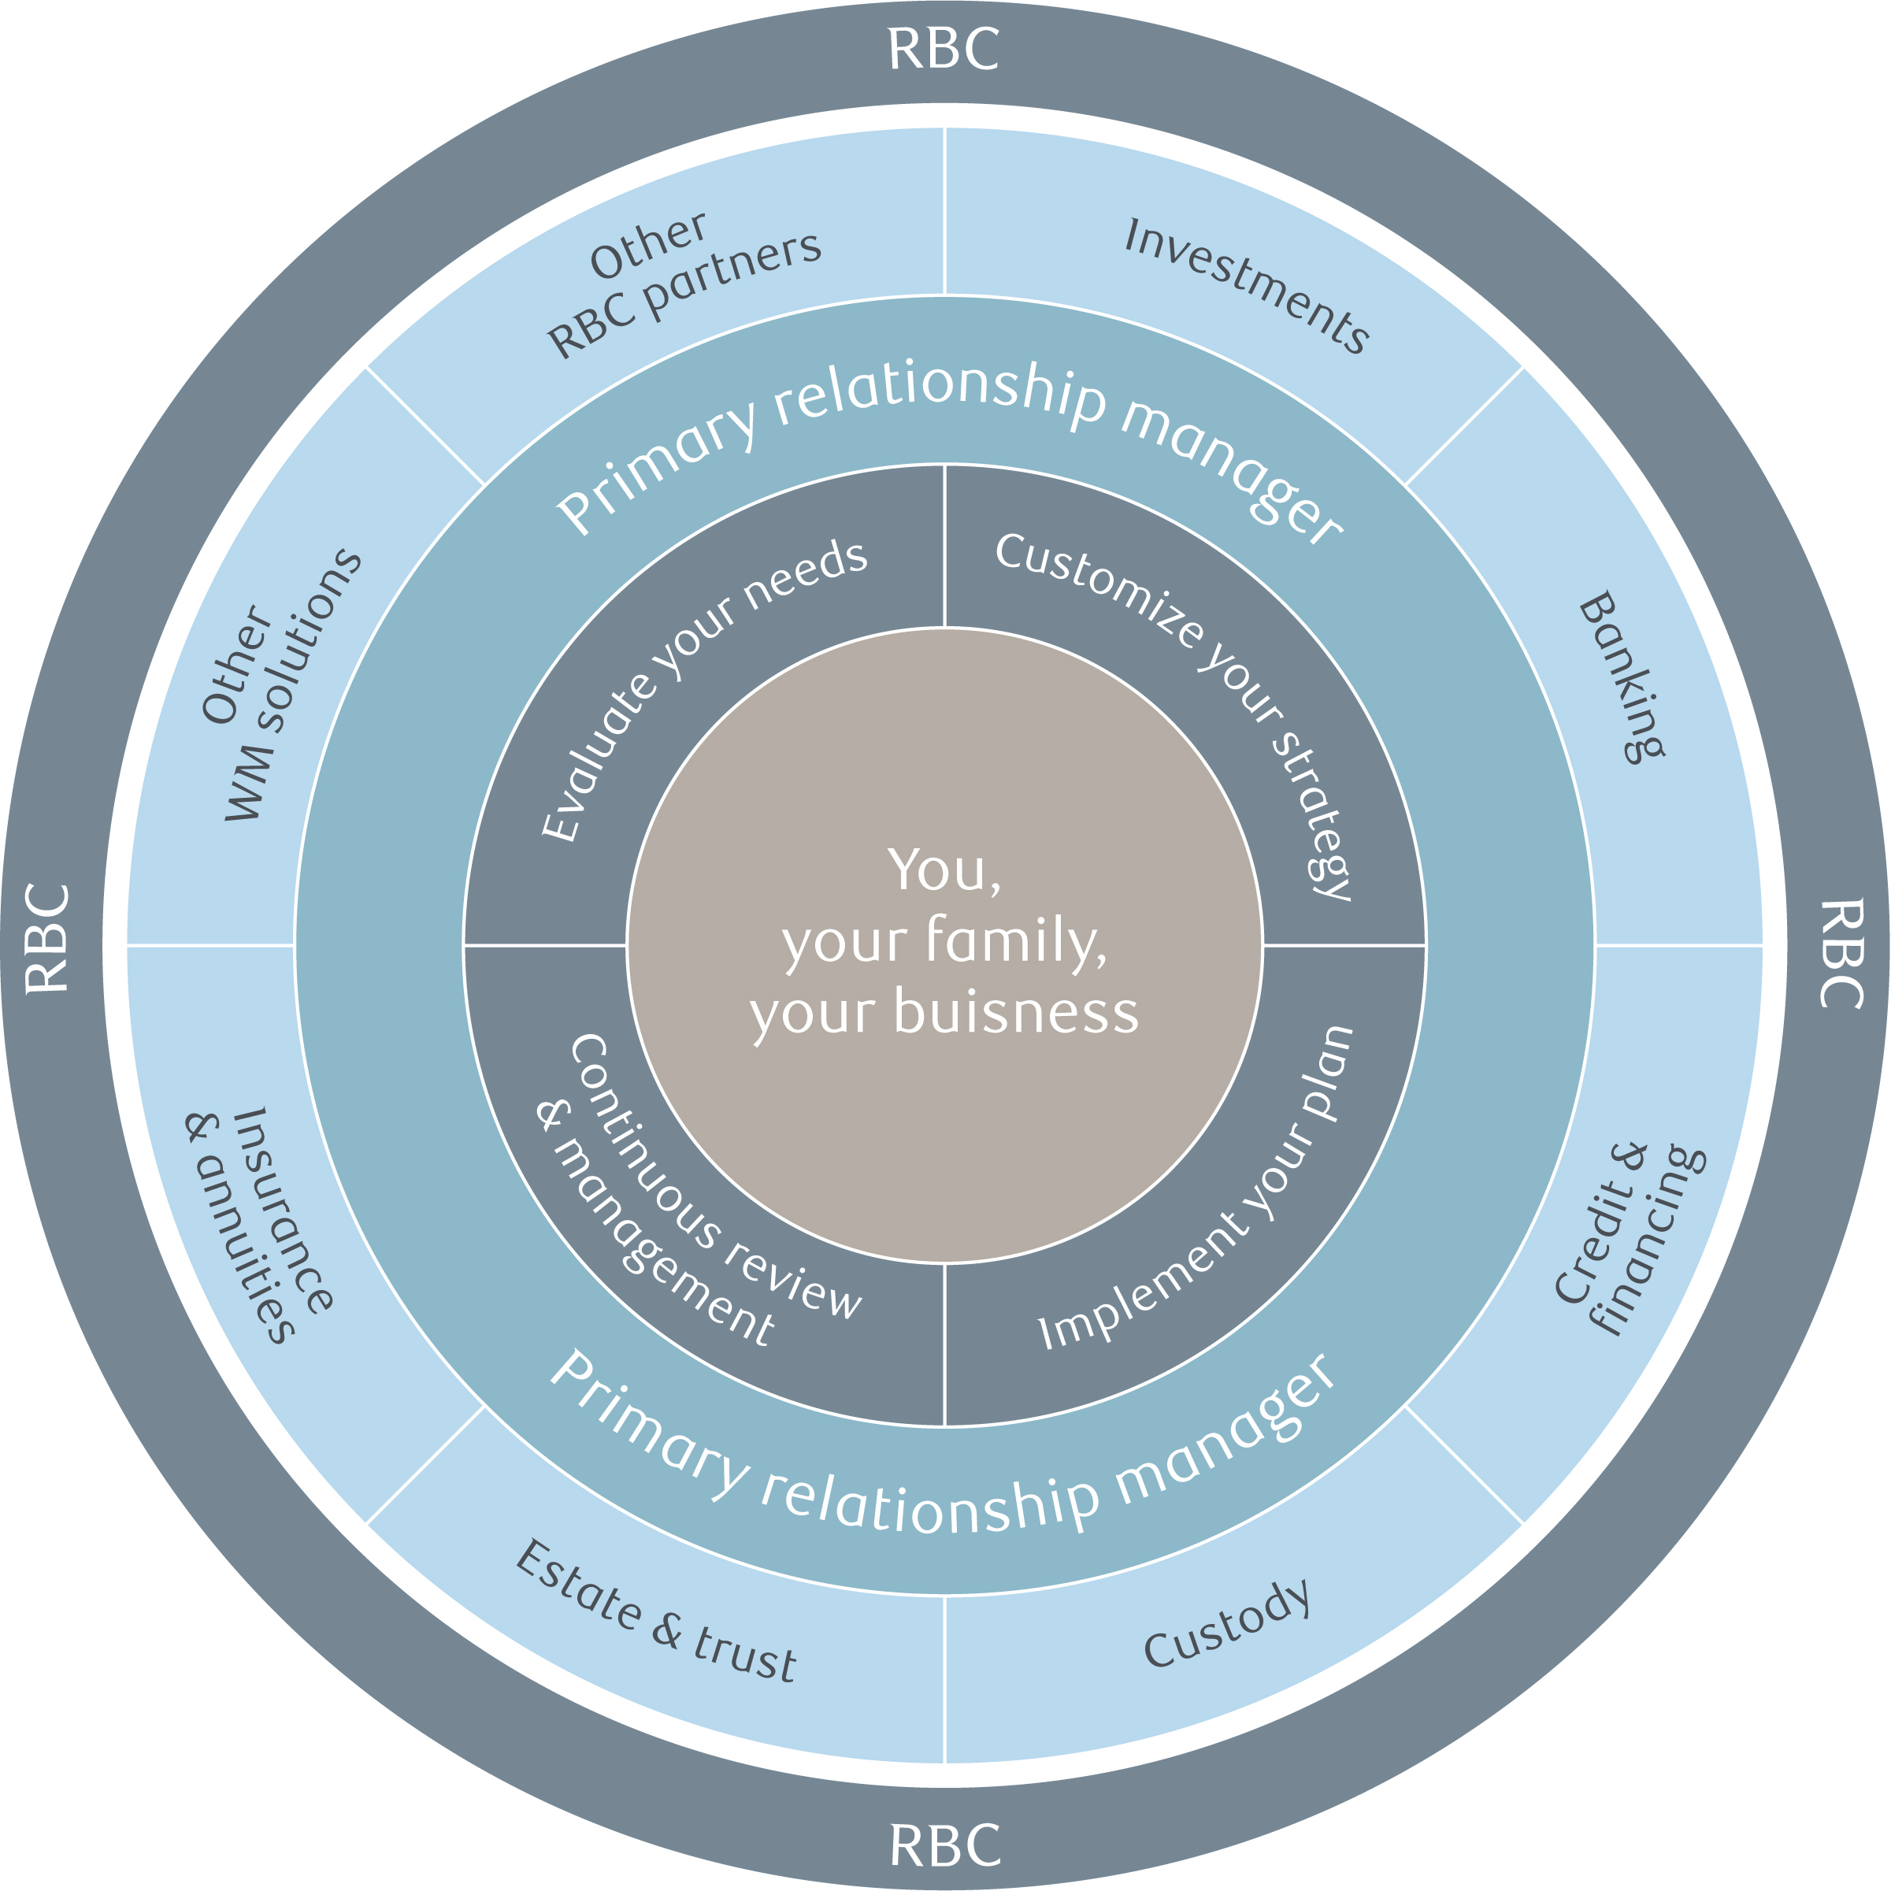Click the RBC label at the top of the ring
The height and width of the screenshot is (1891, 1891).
click(944, 49)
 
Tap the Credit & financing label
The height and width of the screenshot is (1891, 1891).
click(1630, 1238)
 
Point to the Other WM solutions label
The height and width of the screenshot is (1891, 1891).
click(279, 685)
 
